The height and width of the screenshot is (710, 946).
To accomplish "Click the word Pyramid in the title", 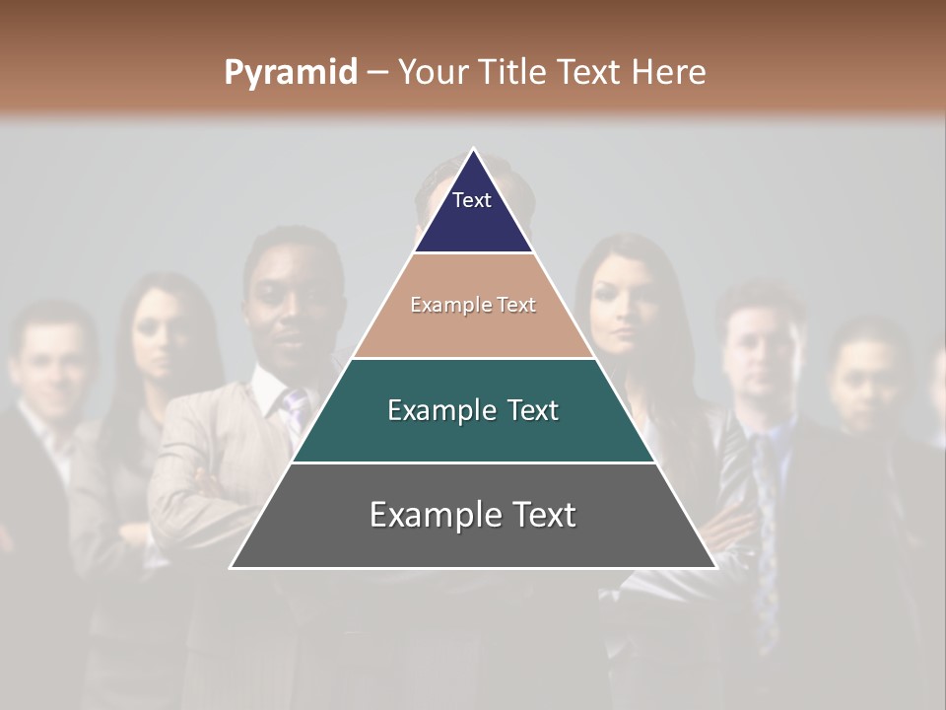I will coord(290,73).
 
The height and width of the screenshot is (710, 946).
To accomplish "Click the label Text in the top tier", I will coord(472,200).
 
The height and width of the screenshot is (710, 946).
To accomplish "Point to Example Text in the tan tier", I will coord(473,305).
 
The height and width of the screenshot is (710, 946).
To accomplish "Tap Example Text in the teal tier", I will coord(473,410).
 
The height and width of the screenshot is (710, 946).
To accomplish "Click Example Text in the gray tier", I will coord(473,515).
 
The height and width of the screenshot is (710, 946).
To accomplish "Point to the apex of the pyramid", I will coord(473,150).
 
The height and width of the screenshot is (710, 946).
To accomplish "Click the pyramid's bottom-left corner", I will coord(232,567).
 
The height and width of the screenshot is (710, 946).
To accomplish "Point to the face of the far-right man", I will coord(864,380).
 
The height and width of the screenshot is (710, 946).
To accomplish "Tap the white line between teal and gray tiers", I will coord(473,462).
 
